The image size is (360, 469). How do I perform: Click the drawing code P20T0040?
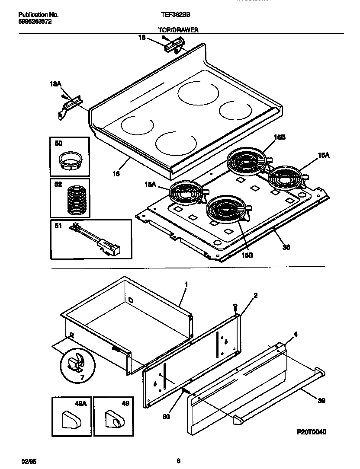coord(312,432)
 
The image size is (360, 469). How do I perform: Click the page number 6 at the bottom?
coord(178,461)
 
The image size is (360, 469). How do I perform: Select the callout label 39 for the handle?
coord(321,401)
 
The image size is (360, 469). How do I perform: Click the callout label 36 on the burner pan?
coord(286,247)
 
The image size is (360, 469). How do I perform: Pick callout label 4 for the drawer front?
coord(295,334)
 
